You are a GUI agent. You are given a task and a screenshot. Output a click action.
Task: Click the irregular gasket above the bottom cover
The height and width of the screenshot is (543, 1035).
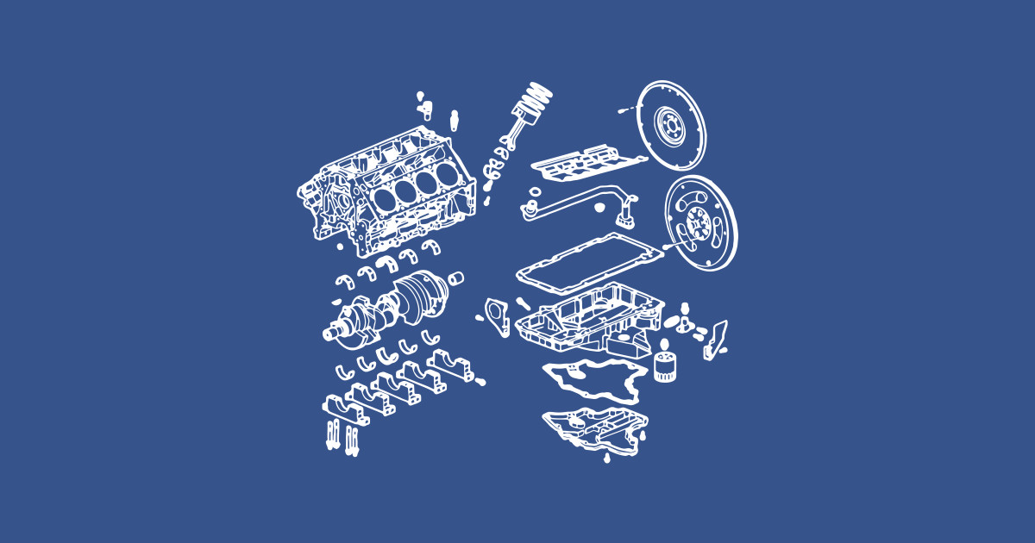point(593,379)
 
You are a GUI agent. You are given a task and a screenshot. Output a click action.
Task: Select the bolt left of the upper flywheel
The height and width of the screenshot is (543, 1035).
point(626,110)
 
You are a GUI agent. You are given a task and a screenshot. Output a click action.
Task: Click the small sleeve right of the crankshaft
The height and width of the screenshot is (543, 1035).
point(458,278)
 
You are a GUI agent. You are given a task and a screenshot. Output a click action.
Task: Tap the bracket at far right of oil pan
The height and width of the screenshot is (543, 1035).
point(715,340)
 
